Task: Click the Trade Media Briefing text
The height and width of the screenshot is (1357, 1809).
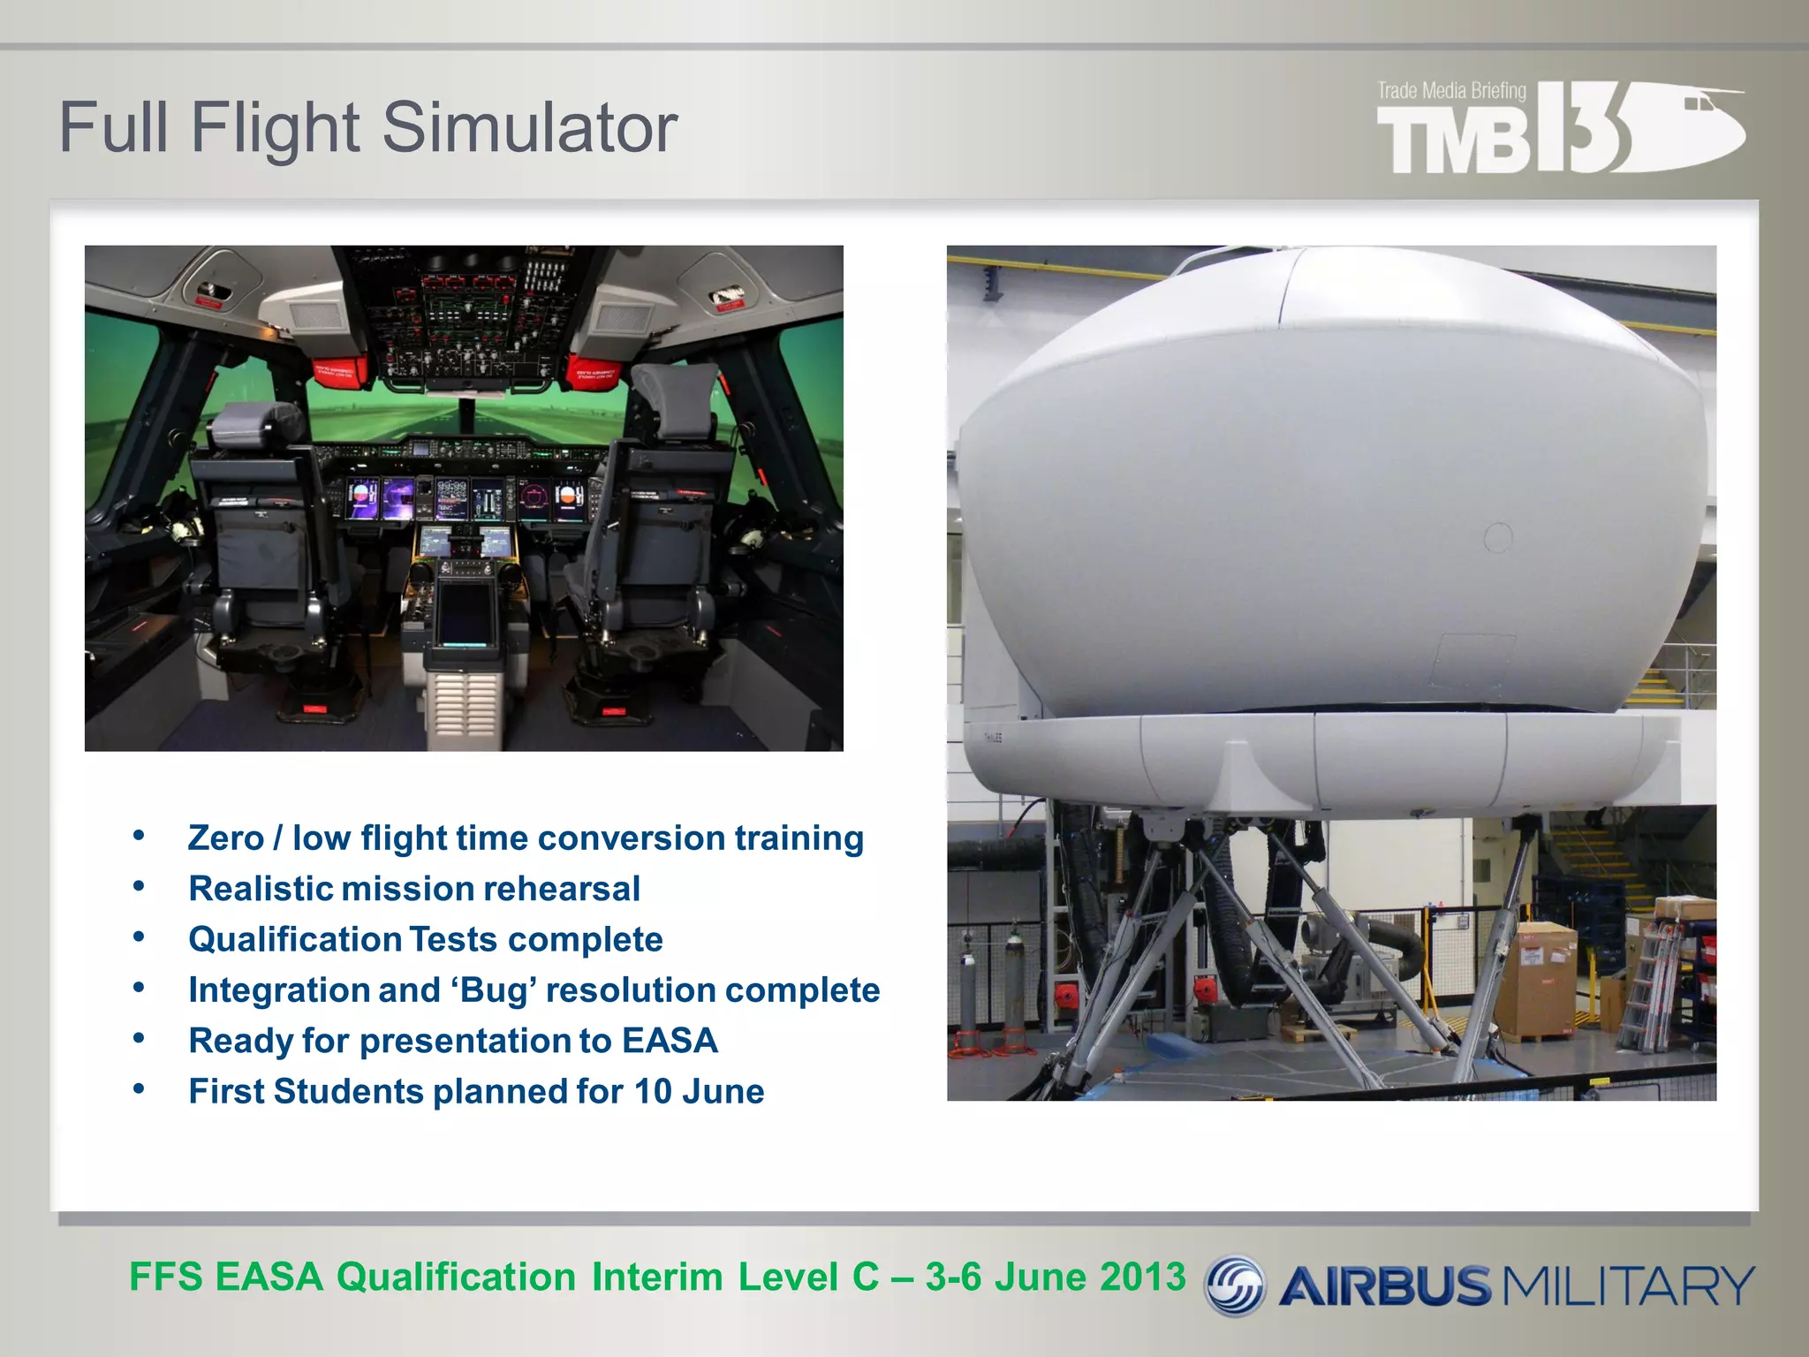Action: coord(1451,91)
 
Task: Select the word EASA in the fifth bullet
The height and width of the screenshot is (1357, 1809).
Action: coord(670,1041)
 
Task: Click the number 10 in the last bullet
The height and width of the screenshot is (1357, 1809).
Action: coord(653,1092)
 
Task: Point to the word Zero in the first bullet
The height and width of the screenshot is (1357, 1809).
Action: coord(226,838)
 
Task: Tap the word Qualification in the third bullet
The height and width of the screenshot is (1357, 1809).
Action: coord(295,939)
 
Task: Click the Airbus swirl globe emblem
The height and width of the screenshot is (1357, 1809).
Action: coord(1235,1285)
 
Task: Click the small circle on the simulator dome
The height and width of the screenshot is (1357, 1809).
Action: coord(1498,537)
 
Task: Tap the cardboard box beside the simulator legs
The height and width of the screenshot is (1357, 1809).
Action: coord(1546,981)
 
